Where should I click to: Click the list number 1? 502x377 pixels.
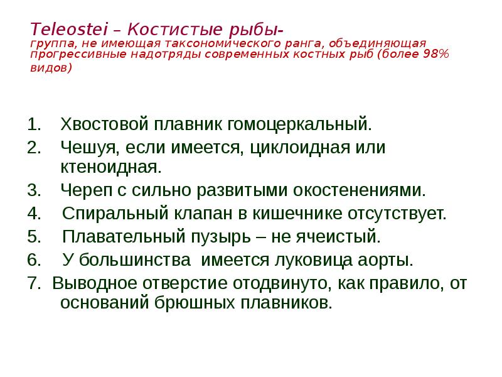pyautogui.click(x=34, y=124)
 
